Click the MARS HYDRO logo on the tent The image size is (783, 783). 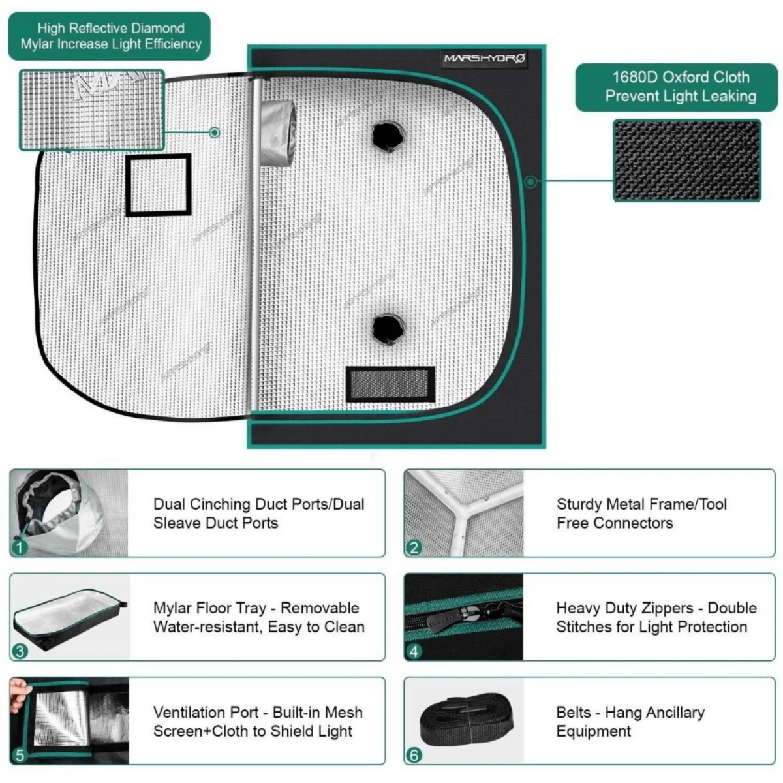coord(484,59)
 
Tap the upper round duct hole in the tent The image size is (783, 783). coord(388,136)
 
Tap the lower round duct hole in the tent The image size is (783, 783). coord(388,328)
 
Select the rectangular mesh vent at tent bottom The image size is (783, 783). coord(390,384)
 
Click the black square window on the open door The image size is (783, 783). coord(159,185)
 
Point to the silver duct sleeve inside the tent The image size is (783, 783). coord(278,131)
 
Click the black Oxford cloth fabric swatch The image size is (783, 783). coord(686,161)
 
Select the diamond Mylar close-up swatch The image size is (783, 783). coord(91,109)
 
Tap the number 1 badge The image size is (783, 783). coord(20,547)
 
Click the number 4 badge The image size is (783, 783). coord(414,651)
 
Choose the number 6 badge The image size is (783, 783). coord(414,755)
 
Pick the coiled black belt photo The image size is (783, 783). coord(465,720)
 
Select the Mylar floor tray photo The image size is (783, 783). coord(69,617)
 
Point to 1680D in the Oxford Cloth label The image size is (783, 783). coord(634,77)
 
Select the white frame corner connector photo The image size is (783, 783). coord(463,512)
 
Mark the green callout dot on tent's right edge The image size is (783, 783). coord(531,181)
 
